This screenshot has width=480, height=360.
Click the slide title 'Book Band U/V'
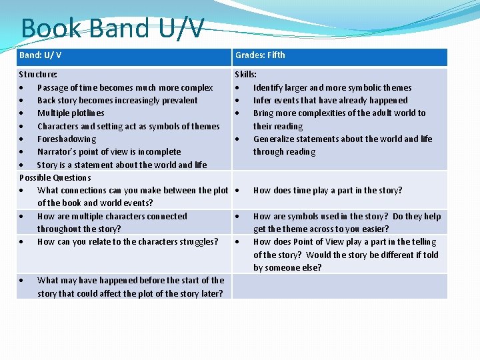point(112,29)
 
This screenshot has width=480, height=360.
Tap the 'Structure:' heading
point(38,75)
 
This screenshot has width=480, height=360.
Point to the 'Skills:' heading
point(246,75)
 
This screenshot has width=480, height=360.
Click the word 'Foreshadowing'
point(67,139)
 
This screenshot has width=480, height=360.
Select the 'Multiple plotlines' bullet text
point(71,113)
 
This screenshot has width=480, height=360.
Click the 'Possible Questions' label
point(55,178)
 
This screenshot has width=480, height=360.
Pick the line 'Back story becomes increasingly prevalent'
point(117,101)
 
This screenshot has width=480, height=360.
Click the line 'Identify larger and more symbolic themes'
point(332,87)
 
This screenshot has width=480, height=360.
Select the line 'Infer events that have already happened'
point(330,101)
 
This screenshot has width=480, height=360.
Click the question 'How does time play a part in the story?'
point(327,191)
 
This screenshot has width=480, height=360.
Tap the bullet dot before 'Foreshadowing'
point(23,139)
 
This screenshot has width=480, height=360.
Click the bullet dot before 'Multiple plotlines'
point(23,113)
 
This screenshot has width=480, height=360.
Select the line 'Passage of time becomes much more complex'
point(125,87)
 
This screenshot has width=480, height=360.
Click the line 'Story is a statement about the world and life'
point(122,165)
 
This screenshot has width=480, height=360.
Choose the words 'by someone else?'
point(287,268)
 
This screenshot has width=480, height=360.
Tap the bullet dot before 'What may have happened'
point(23,281)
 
